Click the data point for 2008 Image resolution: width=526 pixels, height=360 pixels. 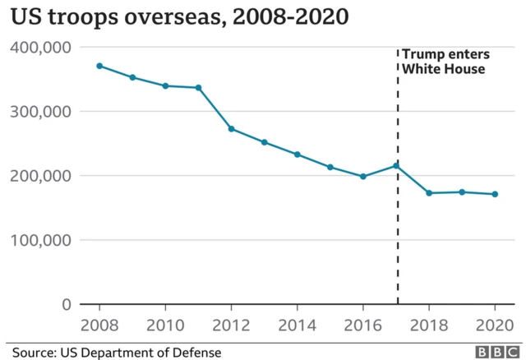tap(99, 66)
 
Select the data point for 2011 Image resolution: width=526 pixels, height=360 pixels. tap(198, 87)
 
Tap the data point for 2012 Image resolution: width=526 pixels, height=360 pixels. tap(231, 128)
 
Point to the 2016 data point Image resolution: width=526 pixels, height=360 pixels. tap(363, 176)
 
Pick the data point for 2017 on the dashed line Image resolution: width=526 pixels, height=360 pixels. tap(397, 165)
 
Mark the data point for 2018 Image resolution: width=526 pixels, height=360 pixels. tap(429, 193)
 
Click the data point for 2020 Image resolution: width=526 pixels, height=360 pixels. tap(495, 194)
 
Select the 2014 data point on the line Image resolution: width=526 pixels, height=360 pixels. tap(297, 155)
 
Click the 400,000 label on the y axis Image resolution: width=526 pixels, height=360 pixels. tap(40, 47)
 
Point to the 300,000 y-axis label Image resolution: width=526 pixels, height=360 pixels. tap(40, 111)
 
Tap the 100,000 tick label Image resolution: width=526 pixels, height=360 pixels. tap(40, 240)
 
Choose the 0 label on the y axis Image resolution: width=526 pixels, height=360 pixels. tap(67, 304)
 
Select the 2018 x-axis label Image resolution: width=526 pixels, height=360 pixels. tap(429, 323)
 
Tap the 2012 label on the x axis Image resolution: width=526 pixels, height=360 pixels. tap(231, 323)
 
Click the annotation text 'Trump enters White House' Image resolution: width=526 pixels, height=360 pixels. tap(445, 62)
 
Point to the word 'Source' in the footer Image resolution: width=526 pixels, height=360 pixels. tap(34, 352)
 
